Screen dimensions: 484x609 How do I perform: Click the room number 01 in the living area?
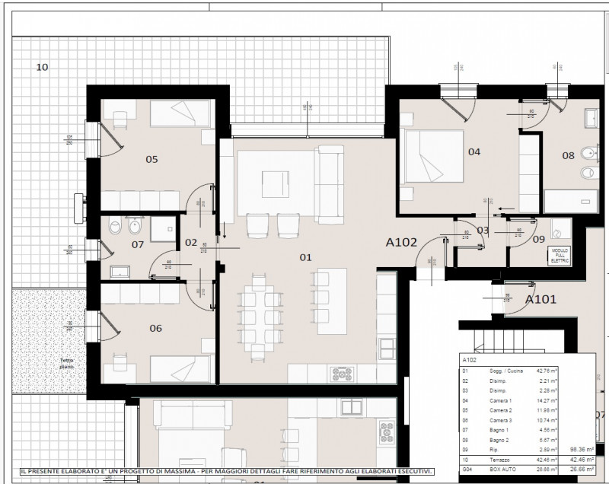coord(305,257)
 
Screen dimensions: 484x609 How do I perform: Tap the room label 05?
coord(151,159)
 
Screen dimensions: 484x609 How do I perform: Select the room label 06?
coord(155,328)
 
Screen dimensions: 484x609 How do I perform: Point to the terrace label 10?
coord(43,67)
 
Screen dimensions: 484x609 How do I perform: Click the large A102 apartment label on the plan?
coord(401,244)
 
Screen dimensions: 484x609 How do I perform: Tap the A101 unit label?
coord(541,299)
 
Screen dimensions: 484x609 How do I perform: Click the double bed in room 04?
coord(432,157)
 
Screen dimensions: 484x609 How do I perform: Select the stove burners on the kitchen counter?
coord(340,374)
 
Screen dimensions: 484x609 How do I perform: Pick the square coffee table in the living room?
coord(275,181)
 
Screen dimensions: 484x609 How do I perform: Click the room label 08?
coord(568,155)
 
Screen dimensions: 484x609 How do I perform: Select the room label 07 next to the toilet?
coord(138,244)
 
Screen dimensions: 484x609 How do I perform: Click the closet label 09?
coord(539,239)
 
